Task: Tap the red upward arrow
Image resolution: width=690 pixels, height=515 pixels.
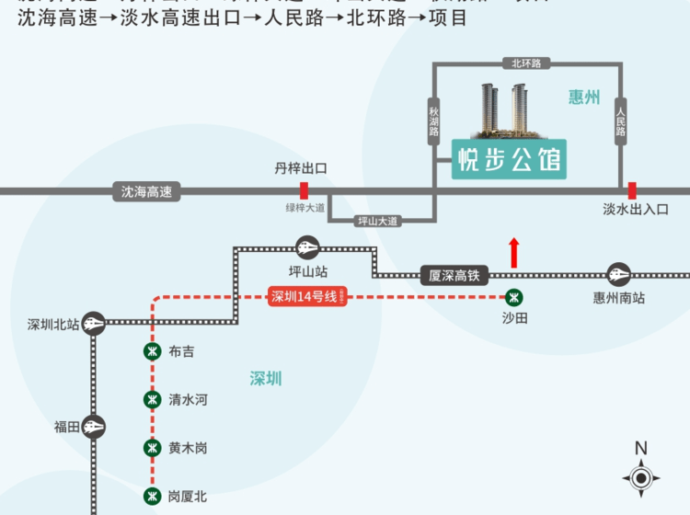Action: click(x=513, y=253)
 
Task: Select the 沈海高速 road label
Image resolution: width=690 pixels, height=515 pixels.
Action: click(x=146, y=192)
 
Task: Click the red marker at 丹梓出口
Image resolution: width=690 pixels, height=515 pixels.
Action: click(x=304, y=190)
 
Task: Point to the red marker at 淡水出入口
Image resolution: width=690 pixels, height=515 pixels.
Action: click(x=632, y=190)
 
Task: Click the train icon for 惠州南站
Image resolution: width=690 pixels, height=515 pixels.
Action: click(x=618, y=274)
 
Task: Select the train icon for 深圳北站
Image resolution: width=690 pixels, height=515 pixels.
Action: click(x=93, y=323)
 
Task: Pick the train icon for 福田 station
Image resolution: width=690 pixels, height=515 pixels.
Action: click(x=93, y=426)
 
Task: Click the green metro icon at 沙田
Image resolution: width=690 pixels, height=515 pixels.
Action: click(x=514, y=297)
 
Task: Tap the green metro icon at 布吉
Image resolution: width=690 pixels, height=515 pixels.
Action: click(x=152, y=351)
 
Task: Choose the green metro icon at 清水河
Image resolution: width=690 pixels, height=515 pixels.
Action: click(x=152, y=399)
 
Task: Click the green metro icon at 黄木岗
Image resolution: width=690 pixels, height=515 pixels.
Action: click(x=152, y=448)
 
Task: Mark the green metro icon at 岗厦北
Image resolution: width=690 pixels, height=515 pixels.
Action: click(x=152, y=496)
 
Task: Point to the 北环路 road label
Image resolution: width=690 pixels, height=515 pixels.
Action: click(x=526, y=63)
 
